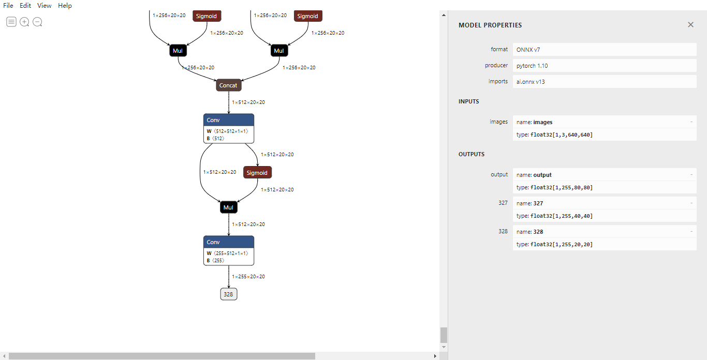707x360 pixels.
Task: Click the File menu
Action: (8, 6)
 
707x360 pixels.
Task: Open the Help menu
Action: (65, 6)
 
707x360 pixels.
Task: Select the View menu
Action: (44, 6)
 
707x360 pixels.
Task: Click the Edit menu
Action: (25, 6)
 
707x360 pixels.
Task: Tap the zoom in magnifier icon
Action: (24, 22)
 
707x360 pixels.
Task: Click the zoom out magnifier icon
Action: (37, 22)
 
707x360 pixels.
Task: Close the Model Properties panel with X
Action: (690, 25)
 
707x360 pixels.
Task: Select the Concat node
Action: (228, 85)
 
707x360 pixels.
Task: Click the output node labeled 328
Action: (228, 294)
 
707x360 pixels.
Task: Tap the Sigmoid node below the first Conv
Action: (257, 173)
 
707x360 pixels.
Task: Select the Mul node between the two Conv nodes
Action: (228, 207)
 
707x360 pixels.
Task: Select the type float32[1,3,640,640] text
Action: (554, 135)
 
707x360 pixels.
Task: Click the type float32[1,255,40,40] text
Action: (554, 216)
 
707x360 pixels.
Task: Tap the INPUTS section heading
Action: (469, 101)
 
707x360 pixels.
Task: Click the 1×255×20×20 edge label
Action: (248, 277)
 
